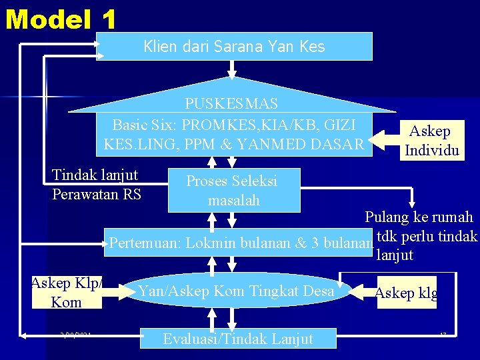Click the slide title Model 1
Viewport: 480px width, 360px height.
coord(61,19)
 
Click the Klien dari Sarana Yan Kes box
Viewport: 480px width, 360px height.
coord(234,46)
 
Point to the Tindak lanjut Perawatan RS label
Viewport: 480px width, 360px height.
coord(96,185)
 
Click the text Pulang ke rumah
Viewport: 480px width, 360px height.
coord(419,217)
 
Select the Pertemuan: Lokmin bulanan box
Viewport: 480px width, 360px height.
coord(240,242)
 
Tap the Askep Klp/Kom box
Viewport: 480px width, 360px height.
coord(66,292)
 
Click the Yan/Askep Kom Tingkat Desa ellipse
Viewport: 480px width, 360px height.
coord(236,290)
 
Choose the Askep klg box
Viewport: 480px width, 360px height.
coord(406,293)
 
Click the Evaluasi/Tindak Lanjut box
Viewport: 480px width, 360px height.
coord(238,339)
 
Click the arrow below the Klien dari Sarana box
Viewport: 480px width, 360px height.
coord(232,69)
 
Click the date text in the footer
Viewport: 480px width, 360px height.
coord(75,335)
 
